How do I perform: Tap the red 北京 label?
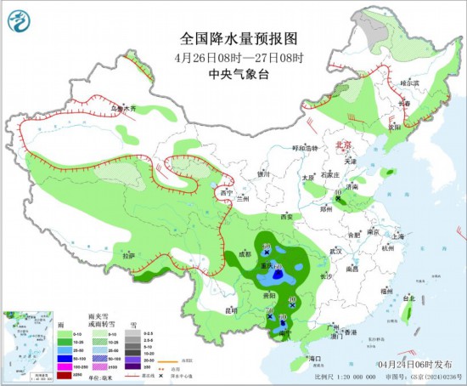344,145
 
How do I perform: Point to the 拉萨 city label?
127,255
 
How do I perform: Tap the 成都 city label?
245,253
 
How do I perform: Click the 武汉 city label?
335,252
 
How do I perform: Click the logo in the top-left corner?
18,16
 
